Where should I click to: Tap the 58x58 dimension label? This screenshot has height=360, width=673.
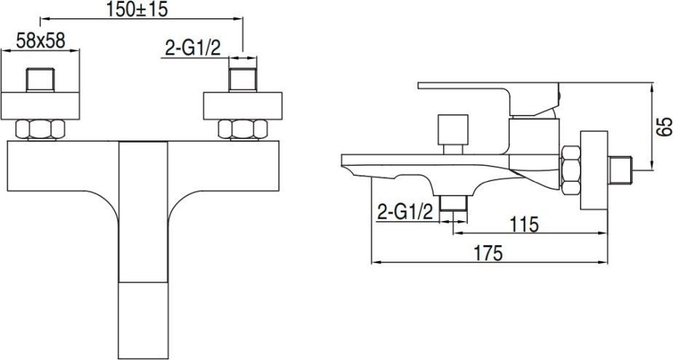pos(41,41)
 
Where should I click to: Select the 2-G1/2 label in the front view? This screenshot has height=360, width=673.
pos(193,49)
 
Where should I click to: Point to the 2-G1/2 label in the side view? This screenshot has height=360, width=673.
pos(405,212)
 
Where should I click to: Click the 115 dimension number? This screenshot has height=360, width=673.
pos(524,224)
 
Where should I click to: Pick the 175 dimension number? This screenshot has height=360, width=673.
pos(488,253)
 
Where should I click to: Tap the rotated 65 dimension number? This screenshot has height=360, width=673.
pos(664,127)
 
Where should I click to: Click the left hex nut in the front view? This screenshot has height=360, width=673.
pos(40,129)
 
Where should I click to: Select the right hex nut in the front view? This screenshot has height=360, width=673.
pos(242,129)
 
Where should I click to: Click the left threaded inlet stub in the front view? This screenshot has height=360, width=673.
pos(40,80)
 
